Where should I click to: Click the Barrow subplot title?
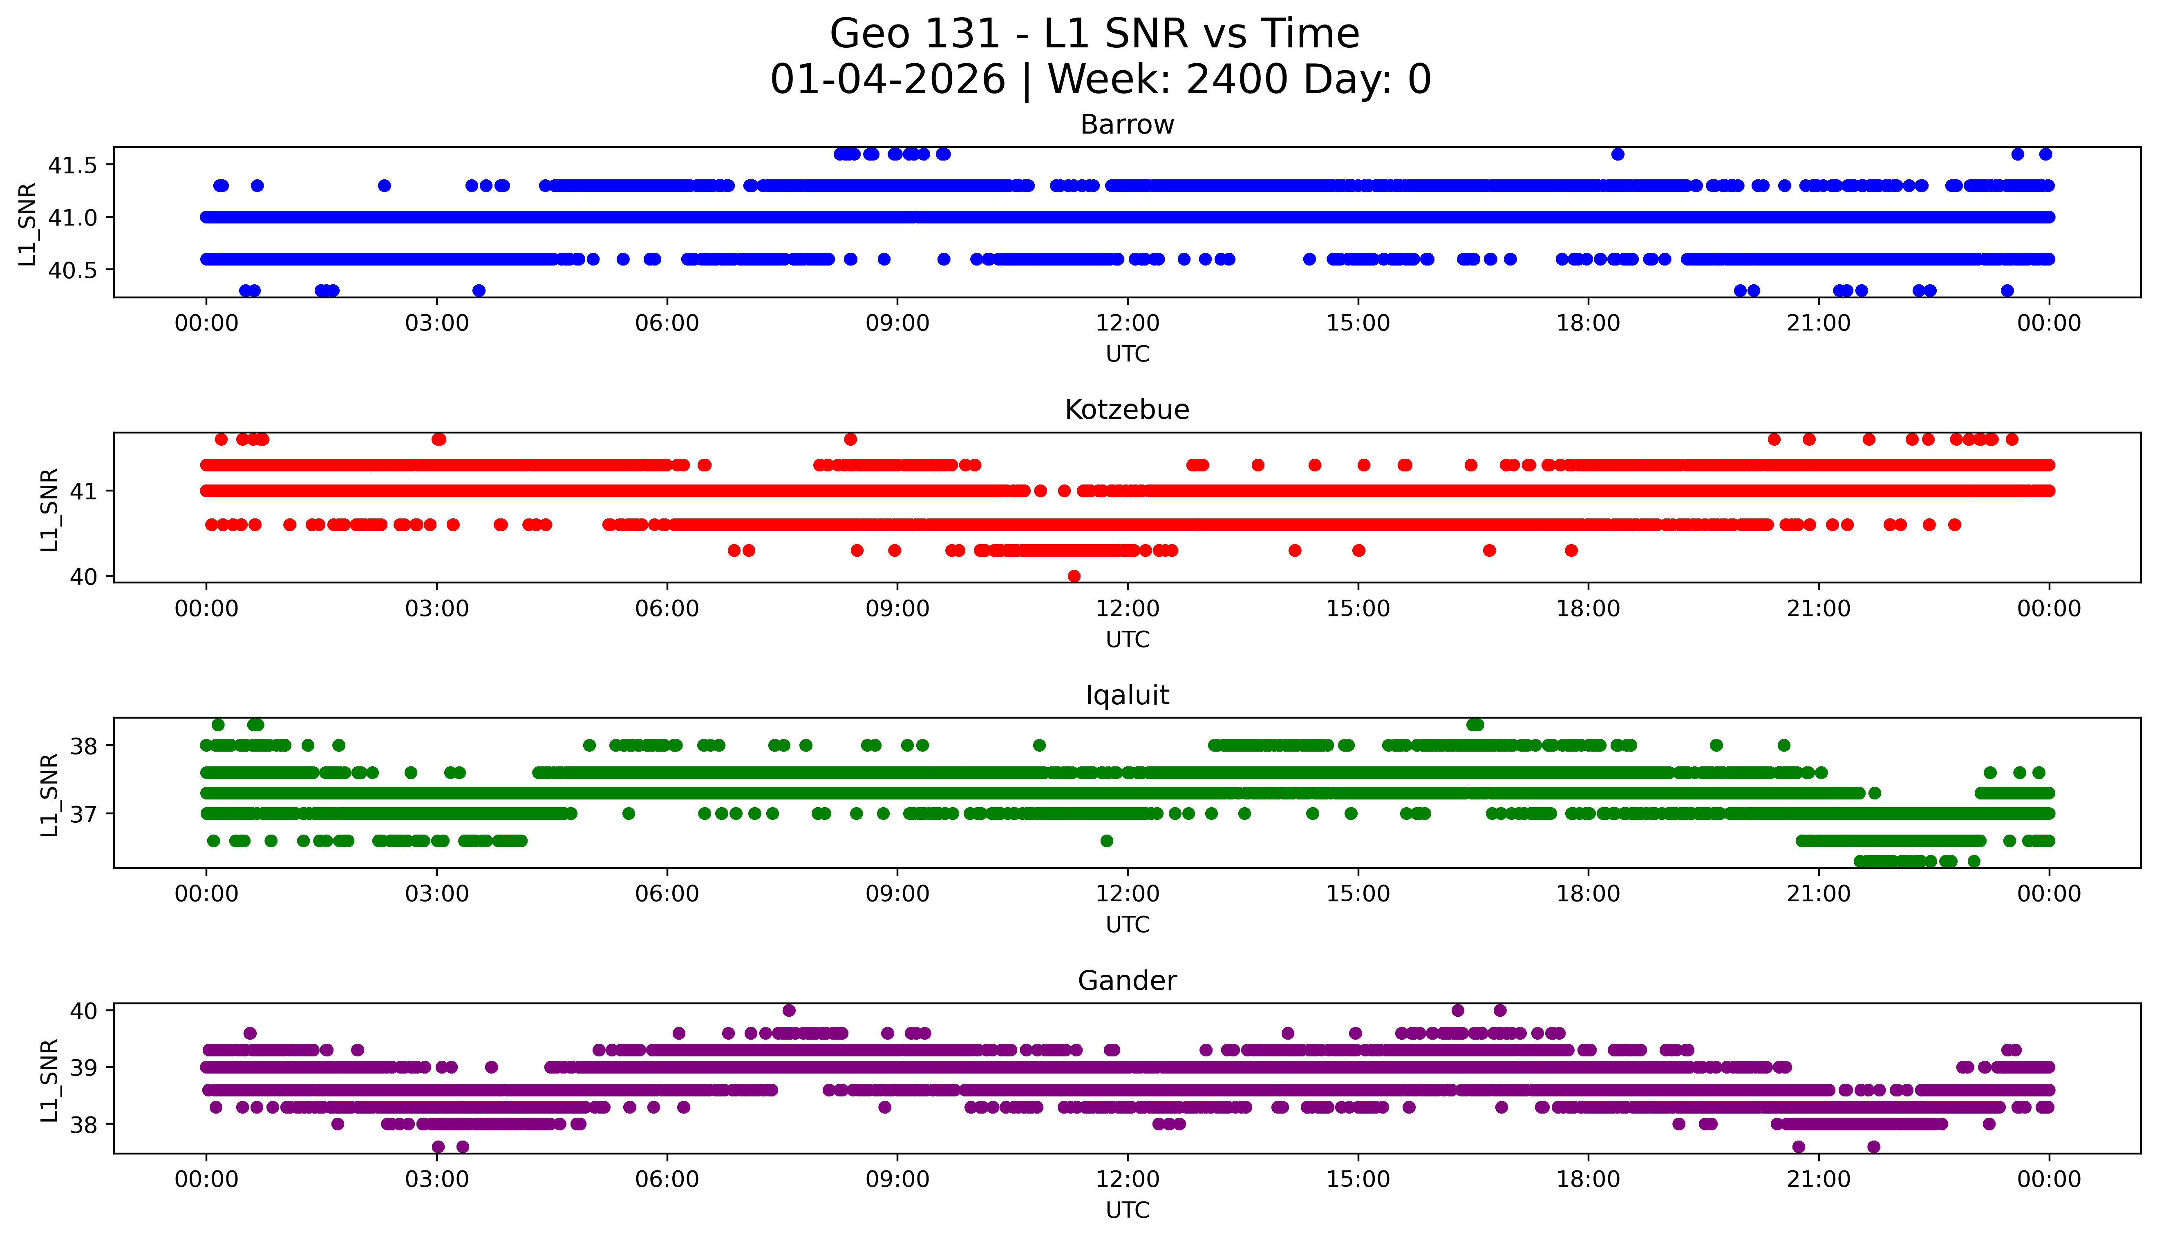coord(1127,125)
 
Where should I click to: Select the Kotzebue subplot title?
coord(1127,410)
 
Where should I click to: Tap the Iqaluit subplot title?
coord(1127,696)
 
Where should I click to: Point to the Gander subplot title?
coord(1127,981)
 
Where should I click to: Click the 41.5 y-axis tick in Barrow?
coord(74,165)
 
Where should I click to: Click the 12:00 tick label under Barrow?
coord(1128,324)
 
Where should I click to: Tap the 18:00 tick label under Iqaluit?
coord(1589,894)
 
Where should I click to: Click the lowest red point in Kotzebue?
coord(1074,576)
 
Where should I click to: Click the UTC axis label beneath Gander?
coord(1127,1210)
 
